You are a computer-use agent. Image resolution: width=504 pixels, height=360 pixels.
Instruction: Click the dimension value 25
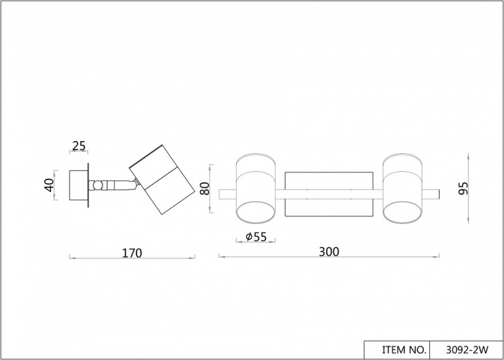pyautogui.click(x=79, y=146)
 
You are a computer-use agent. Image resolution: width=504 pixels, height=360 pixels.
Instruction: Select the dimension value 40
pyautogui.click(x=48, y=186)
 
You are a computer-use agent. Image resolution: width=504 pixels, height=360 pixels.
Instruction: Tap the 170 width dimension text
pyautogui.click(x=131, y=253)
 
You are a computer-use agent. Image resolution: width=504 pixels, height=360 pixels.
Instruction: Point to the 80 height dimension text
pyautogui.click(x=205, y=190)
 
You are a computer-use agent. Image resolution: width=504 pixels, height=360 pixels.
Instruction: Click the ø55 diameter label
pyautogui.click(x=256, y=237)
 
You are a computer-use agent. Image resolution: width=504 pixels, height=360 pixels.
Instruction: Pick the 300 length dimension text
pyautogui.click(x=329, y=251)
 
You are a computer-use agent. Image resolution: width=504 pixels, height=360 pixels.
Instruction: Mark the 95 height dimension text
pyautogui.click(x=463, y=188)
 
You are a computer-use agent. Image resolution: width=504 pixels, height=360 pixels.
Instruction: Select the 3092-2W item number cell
pyautogui.click(x=467, y=350)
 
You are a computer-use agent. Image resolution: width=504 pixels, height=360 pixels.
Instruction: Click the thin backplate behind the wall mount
pyautogui.click(x=90, y=186)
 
